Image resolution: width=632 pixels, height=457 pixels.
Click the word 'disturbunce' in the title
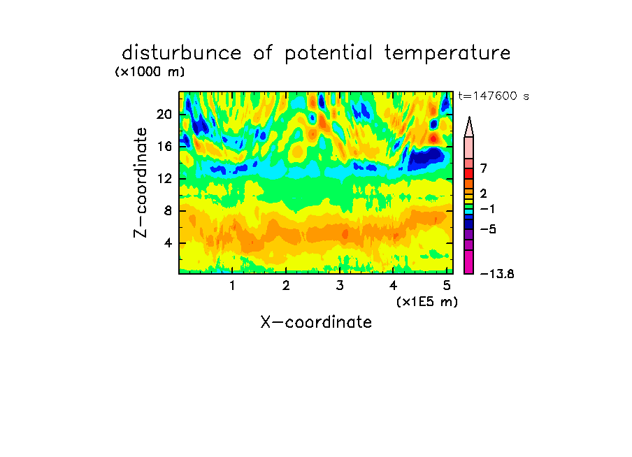pos(182,53)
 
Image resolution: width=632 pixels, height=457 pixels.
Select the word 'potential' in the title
pos(329,54)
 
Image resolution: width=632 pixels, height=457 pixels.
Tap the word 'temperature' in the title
pos(447,53)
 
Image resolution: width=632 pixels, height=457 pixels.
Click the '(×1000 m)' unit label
pos(150,72)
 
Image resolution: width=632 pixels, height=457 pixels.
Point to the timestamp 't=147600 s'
pos(494,96)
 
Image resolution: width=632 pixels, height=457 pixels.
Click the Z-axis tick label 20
pos(164,115)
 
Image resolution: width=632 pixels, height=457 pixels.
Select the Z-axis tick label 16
pos(164,146)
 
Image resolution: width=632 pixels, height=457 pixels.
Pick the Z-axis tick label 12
pos(164,178)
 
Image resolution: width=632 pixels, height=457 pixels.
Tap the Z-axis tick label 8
pos(168,211)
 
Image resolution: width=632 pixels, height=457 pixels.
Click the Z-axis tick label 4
pos(168,243)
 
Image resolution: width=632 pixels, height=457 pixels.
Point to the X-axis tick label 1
pos(233,285)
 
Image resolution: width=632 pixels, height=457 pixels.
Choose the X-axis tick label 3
pos(340,285)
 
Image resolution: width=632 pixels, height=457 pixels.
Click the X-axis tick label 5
pos(447,285)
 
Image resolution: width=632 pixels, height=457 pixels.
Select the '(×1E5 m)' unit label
pos(427,302)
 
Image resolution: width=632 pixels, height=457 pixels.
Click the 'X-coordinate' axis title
pos(316,322)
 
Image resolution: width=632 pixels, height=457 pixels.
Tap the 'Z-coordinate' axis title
pos(141,182)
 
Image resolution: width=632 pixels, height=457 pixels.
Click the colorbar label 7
pos(484,168)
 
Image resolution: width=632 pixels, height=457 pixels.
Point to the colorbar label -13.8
pos(497,274)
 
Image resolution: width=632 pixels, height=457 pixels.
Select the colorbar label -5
pos(488,229)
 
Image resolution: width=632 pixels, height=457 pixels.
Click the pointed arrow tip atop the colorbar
pos(469,117)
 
